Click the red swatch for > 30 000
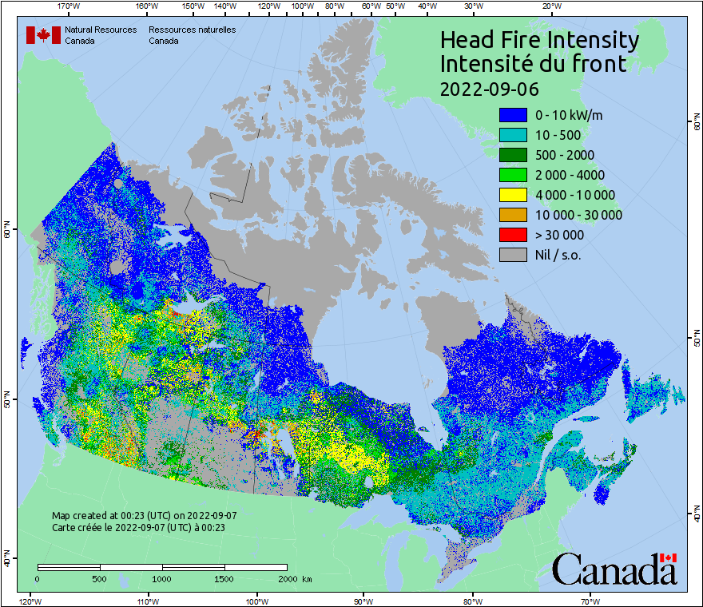click(513, 235)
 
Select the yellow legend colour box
click(513, 195)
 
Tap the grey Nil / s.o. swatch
click(513, 255)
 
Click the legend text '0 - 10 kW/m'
click(569, 115)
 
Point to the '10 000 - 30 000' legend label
click(578, 215)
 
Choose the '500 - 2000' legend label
click(565, 155)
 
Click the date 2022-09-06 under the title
click(490, 88)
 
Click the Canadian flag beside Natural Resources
click(43, 35)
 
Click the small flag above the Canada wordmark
click(669, 557)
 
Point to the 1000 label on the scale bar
click(162, 578)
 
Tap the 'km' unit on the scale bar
click(308, 578)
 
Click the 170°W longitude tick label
click(70, 6)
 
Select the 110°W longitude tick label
click(148, 601)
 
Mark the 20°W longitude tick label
click(550, 6)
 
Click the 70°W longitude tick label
click(590, 601)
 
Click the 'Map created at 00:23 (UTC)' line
click(144, 516)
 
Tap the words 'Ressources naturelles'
click(192, 30)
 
